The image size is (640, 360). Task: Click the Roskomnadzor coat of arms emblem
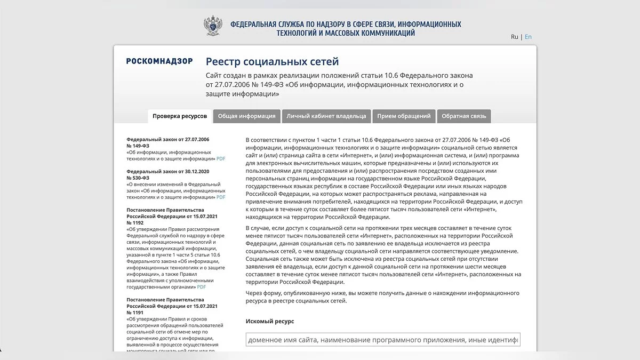point(212,26)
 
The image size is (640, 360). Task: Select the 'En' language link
point(528,37)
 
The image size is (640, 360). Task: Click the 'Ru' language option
point(514,37)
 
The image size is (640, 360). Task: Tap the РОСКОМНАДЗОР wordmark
point(159,61)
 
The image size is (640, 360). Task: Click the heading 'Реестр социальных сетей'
point(272,62)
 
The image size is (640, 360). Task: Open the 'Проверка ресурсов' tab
point(180,116)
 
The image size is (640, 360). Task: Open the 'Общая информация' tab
point(246,116)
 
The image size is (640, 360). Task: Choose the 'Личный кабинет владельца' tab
point(326,116)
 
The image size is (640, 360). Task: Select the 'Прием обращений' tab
point(404,116)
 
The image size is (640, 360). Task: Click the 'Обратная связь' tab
point(463,116)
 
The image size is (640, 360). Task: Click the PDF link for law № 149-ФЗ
point(221,158)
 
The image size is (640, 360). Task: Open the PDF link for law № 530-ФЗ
point(221,197)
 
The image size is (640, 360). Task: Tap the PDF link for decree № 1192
point(202,286)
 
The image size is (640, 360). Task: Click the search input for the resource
point(382,340)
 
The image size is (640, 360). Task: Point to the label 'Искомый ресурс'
point(270,321)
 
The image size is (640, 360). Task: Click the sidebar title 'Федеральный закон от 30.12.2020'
point(168,171)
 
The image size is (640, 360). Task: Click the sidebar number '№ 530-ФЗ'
point(138,178)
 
